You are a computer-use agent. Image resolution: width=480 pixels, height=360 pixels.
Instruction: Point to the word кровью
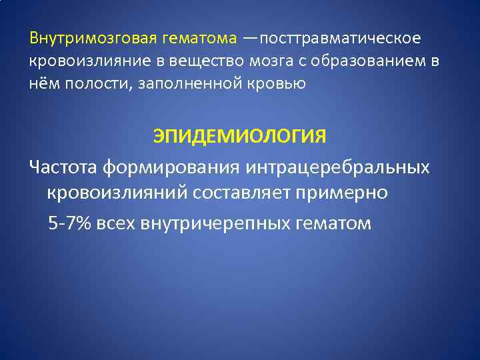coord(281,84)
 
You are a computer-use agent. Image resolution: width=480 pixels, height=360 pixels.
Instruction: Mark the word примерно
coord(346,194)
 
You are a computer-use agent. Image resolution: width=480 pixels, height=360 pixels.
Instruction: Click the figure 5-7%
coord(70,223)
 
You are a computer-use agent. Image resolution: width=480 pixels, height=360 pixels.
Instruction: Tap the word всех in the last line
coord(116,223)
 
